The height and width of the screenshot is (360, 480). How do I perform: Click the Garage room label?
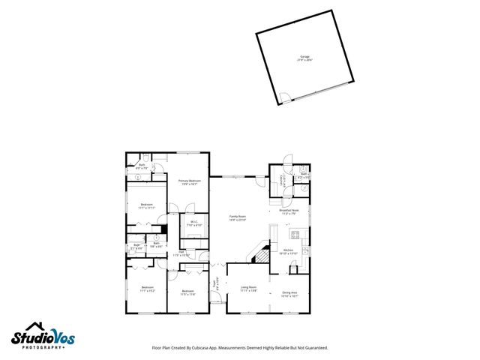tap(304, 57)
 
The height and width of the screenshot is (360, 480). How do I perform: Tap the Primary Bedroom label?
tap(189, 182)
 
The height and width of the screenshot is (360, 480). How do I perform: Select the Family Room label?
tap(238, 218)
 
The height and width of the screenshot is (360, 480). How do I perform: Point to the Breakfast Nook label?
tap(289, 211)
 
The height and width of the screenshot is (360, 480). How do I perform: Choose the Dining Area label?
tap(289, 293)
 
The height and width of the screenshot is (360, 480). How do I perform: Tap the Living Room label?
tap(248, 289)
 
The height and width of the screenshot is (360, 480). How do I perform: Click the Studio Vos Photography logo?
tap(42, 337)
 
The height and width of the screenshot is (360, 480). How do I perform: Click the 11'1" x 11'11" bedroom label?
tap(146, 206)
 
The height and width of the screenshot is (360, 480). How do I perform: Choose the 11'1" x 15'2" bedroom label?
tap(147, 289)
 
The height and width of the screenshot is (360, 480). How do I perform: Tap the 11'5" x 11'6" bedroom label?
tap(187, 292)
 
